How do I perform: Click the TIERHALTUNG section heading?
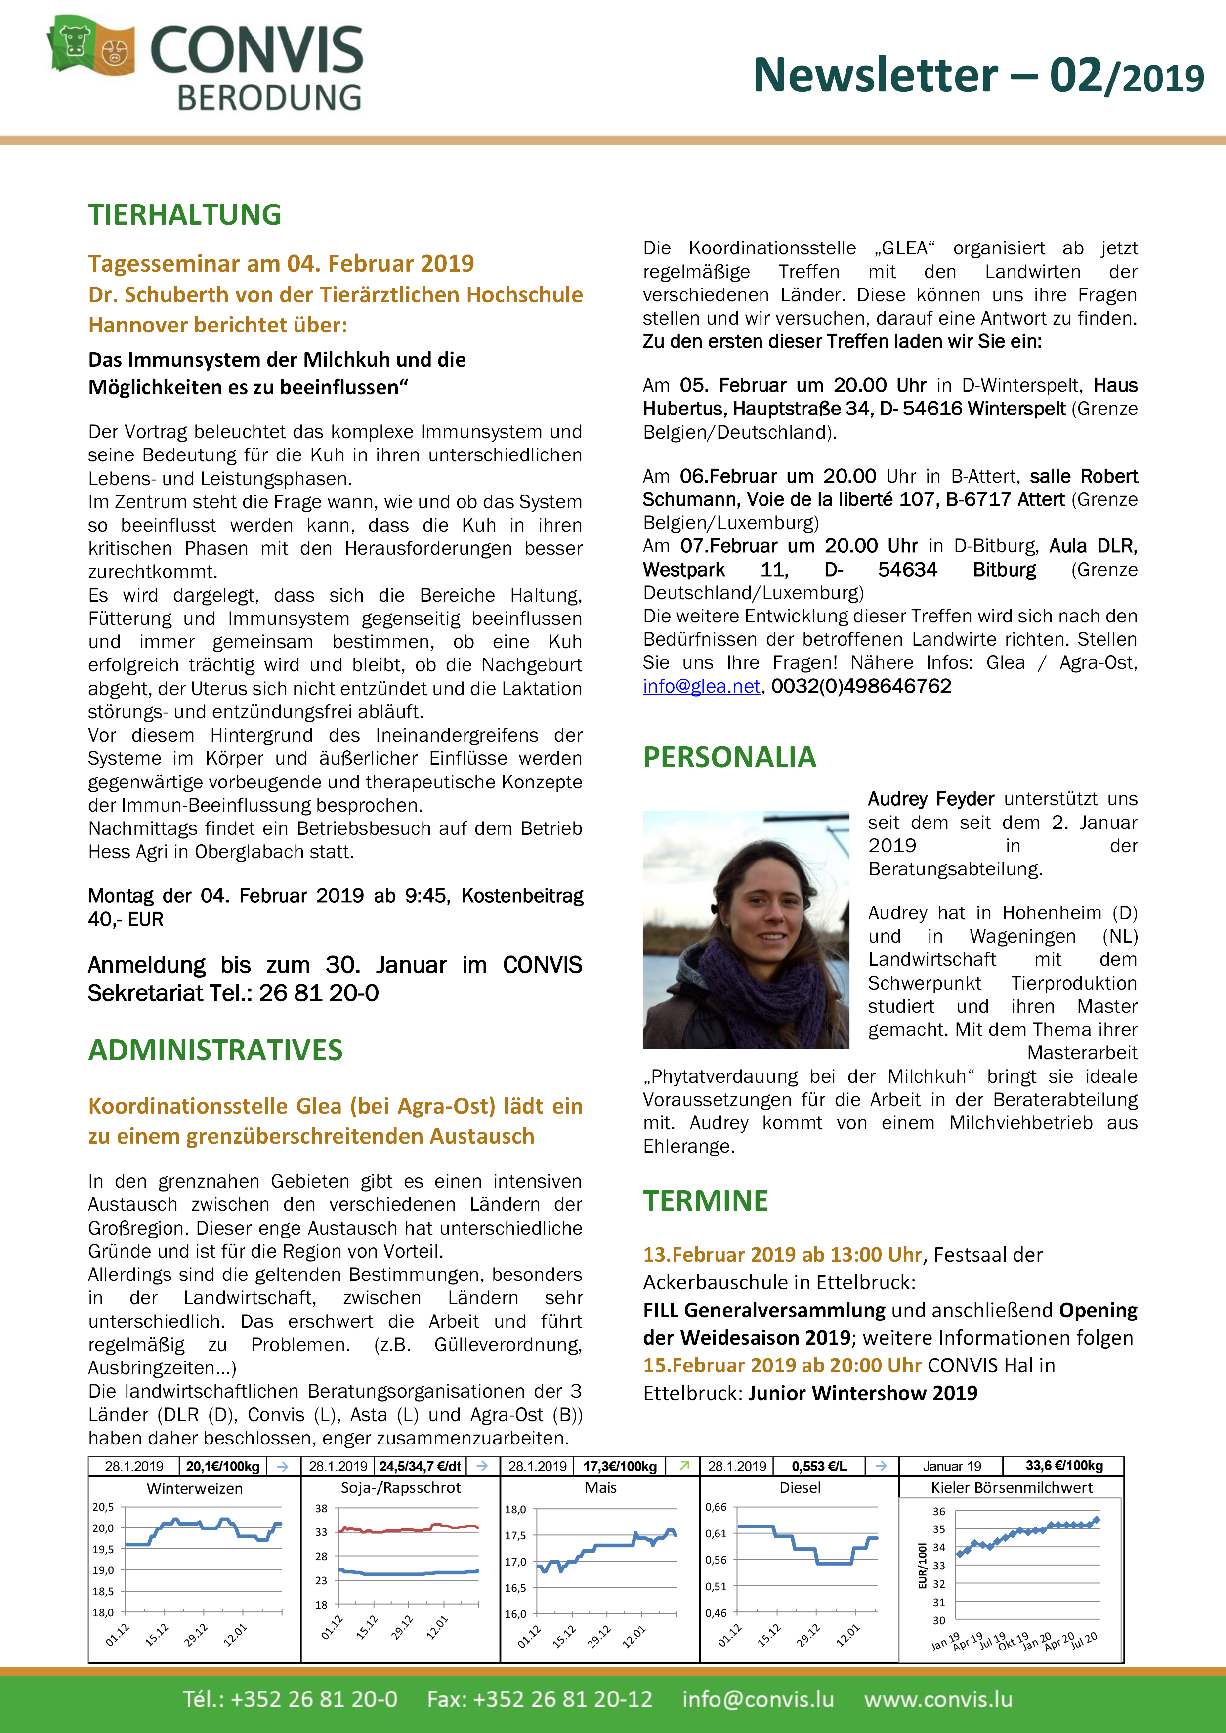[185, 215]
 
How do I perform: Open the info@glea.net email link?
[701, 686]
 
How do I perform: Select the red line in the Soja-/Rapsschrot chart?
[408, 1530]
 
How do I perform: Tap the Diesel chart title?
[800, 1487]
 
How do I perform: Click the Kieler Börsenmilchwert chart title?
[1012, 1487]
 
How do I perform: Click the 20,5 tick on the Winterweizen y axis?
[103, 1507]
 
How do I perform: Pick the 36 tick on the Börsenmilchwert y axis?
[938, 1511]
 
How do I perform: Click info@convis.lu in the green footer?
[758, 1699]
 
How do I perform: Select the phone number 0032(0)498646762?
[861, 686]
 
